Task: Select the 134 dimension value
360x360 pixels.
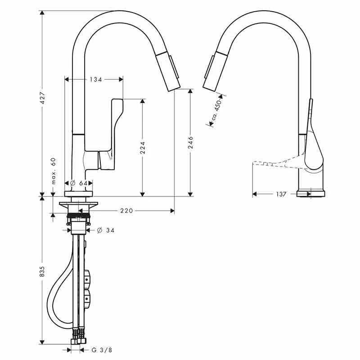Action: pyautogui.click(x=95, y=80)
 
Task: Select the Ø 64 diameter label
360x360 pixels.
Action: pyautogui.click(x=79, y=183)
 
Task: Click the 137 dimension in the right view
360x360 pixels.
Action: pyautogui.click(x=281, y=194)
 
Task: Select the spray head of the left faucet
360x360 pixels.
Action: pyautogui.click(x=174, y=72)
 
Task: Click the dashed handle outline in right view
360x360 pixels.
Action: pyautogui.click(x=270, y=163)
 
